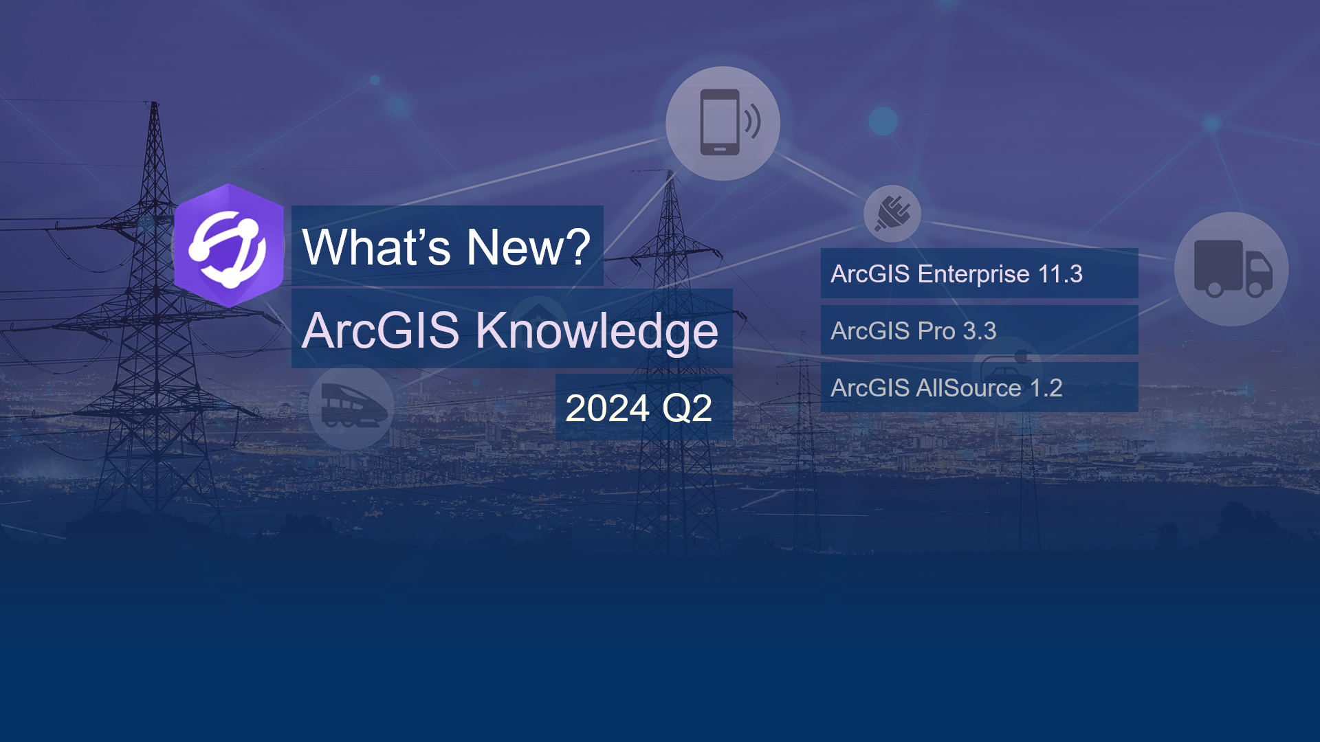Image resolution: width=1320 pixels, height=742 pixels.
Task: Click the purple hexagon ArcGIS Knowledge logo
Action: pos(229,245)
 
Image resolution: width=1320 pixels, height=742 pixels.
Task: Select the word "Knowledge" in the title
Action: pos(597,330)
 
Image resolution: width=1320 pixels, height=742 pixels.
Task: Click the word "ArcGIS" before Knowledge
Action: pos(381,330)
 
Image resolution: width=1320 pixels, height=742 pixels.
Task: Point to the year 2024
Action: pos(607,408)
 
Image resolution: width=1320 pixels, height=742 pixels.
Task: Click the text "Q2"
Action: pos(686,409)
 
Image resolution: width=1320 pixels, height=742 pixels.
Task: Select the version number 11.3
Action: pos(1060,274)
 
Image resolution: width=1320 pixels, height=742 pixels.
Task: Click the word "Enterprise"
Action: pos(973,275)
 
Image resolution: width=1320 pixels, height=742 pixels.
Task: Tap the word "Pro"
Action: pos(937,331)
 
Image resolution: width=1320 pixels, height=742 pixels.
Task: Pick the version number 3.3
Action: pos(980,331)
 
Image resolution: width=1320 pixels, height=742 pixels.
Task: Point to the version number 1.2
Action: pos(1046,388)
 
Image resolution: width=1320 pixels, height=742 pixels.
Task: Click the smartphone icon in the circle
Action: pos(720,122)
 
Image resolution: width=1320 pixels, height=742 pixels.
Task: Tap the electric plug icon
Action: pos(892,213)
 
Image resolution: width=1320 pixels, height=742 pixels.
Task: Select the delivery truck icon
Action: pos(1233,268)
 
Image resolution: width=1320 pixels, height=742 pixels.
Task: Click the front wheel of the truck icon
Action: pos(1255,289)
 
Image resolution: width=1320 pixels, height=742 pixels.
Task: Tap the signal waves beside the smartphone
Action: pos(753,121)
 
